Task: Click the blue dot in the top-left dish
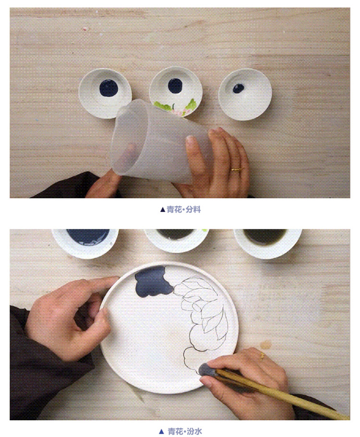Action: click(108, 88)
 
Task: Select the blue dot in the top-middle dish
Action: click(175, 86)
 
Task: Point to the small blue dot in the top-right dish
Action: click(239, 88)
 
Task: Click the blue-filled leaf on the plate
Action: click(154, 281)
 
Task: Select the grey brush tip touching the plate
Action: click(207, 369)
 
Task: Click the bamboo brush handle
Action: click(282, 393)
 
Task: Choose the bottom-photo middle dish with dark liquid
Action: click(177, 240)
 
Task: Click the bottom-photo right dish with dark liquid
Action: click(268, 242)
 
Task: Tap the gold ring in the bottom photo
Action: click(262, 355)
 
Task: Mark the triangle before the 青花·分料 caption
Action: click(163, 210)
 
